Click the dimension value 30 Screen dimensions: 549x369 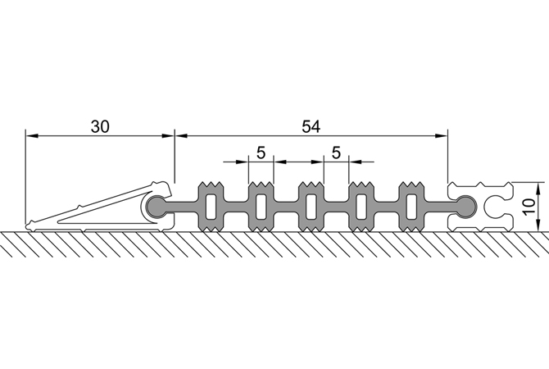tap(100, 126)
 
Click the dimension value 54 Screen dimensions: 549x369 tap(311, 126)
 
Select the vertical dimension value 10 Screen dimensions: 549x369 tap(529, 207)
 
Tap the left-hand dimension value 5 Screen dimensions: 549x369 tap(261, 153)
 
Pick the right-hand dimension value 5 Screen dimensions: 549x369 tap(336, 153)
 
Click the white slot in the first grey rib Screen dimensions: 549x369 tap(211, 207)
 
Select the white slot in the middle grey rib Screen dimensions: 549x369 tap(311, 207)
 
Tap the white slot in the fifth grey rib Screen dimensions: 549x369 tap(411, 207)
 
